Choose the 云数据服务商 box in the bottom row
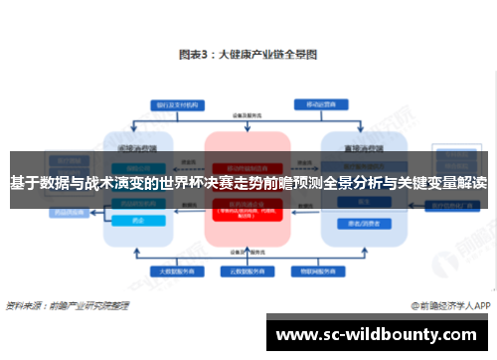pyautogui.click(x=248, y=270)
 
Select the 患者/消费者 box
pyautogui.click(x=357, y=223)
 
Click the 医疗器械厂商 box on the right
pyautogui.click(x=452, y=206)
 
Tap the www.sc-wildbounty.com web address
pyautogui.click(x=380, y=334)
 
